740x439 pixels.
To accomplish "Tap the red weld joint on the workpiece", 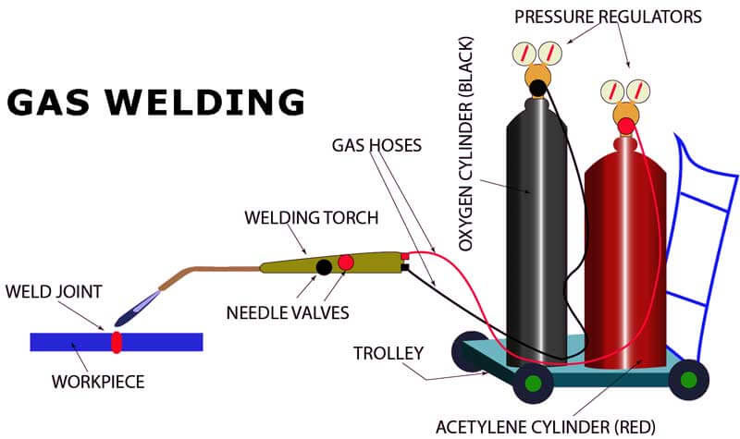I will click(117, 342).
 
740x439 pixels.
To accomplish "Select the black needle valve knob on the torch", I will click(324, 267).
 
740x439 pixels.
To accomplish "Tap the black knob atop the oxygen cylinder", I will click(537, 89).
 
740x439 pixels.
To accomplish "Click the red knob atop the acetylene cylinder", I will click(626, 125).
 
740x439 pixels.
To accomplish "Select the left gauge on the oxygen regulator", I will click(527, 52).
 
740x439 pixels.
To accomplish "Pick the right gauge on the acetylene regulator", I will click(636, 91).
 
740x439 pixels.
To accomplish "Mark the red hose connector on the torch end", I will click(404, 256).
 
